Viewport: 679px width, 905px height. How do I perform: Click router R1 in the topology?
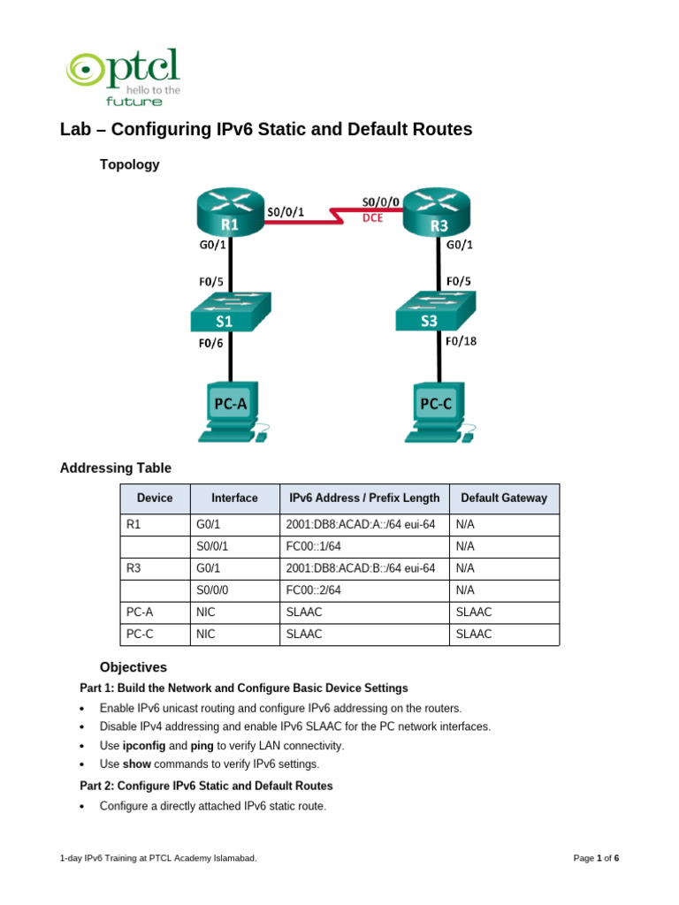(230, 213)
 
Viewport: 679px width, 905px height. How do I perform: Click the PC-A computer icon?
(233, 412)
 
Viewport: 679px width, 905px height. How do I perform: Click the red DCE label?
(373, 218)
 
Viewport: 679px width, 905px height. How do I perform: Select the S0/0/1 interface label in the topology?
(286, 211)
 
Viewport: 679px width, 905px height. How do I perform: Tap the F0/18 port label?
(462, 340)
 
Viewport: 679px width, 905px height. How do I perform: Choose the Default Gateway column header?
(504, 498)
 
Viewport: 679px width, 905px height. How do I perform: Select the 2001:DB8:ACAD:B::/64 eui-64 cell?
(361, 568)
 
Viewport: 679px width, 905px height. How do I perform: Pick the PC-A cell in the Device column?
(140, 612)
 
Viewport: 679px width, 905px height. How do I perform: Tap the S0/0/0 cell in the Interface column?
(212, 589)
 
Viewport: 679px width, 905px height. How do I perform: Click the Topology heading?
(129, 164)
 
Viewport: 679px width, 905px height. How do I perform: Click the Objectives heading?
(133, 667)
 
